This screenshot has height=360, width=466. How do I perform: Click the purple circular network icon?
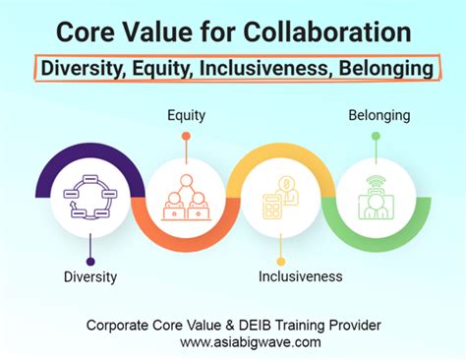coord(90,197)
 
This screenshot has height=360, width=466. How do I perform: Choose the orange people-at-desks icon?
coord(185,197)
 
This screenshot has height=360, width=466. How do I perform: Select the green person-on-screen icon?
coord(375,197)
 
